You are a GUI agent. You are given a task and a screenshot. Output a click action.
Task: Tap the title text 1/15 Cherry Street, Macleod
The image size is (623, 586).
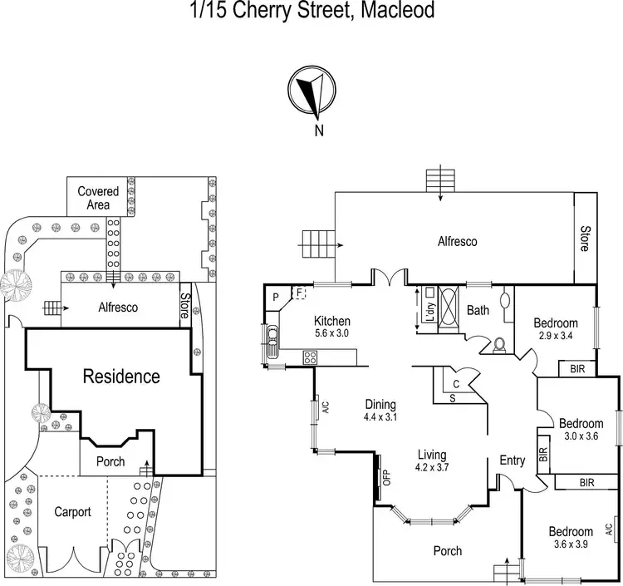click(311, 12)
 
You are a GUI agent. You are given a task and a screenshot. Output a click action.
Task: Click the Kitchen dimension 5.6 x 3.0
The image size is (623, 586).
click(331, 334)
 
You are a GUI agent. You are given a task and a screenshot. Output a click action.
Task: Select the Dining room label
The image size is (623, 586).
click(381, 405)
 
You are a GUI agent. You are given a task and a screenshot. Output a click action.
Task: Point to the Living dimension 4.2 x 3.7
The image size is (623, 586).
click(433, 468)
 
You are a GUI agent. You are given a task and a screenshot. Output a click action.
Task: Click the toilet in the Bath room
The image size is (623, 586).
click(498, 344)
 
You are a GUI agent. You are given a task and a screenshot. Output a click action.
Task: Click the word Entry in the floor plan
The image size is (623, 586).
click(512, 460)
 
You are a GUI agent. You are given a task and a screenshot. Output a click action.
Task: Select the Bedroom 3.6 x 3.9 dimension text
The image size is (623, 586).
click(569, 544)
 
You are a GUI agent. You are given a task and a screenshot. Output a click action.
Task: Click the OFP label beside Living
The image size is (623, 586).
click(386, 478)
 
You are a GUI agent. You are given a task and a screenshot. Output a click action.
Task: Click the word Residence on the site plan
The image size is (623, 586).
click(121, 376)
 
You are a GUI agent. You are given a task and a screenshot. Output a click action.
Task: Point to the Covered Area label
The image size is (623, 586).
click(98, 198)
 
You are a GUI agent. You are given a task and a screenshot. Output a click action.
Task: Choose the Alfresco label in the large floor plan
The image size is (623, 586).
click(457, 241)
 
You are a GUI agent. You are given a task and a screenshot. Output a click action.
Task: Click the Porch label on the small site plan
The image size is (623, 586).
click(111, 461)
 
